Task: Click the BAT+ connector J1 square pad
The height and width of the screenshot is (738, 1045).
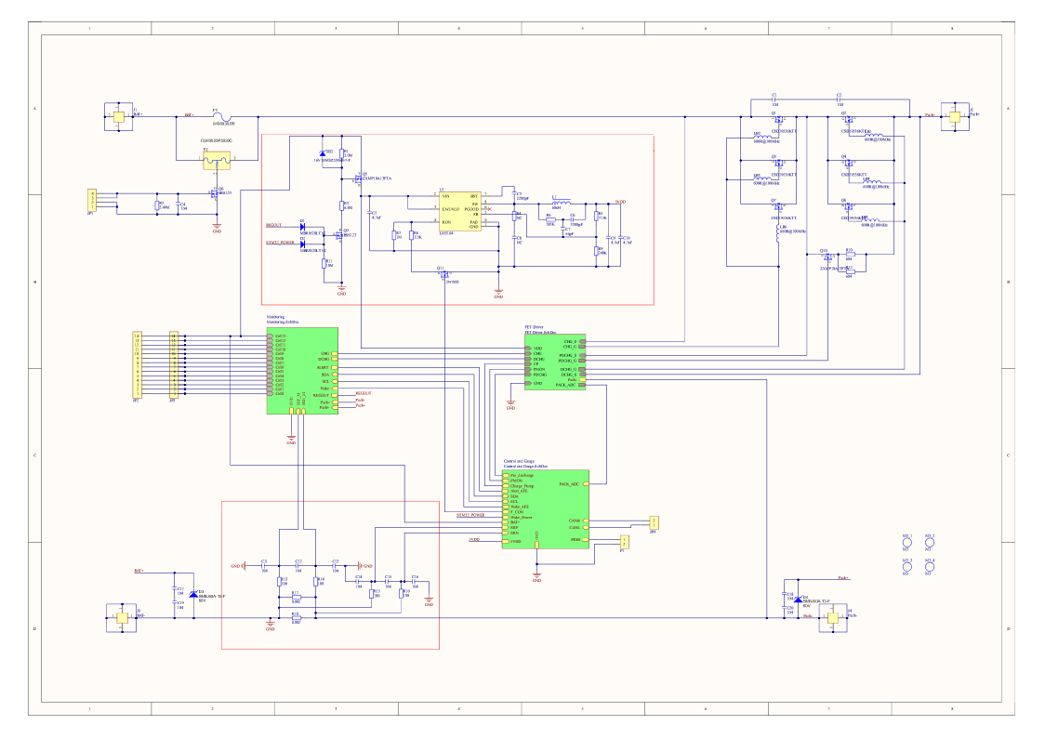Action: pos(118,117)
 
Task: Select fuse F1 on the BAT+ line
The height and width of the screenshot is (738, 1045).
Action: pos(217,116)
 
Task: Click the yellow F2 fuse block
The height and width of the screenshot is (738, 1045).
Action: pos(217,160)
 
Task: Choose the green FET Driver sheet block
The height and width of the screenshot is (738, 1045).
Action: pos(555,362)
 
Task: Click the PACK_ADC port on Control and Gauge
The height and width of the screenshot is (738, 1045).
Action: pos(569,484)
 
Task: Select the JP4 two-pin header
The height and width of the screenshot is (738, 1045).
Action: pos(654,522)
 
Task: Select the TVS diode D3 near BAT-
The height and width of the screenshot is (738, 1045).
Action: pos(193,593)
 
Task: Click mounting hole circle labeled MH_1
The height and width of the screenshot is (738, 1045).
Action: pos(907,543)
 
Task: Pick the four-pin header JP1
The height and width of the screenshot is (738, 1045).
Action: pos(91,200)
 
